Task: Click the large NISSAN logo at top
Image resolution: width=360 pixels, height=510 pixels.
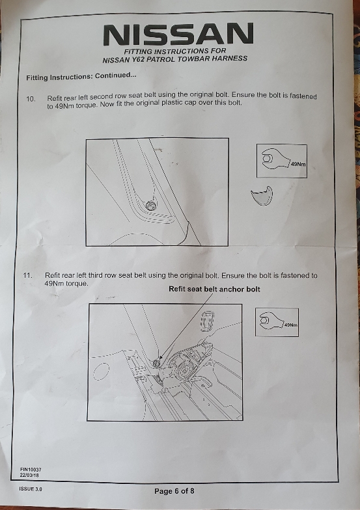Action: (x=178, y=34)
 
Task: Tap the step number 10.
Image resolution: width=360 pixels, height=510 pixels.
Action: (x=31, y=99)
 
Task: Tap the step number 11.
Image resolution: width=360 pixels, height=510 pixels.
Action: (x=27, y=275)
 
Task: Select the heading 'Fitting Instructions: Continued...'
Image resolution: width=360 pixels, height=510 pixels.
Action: (x=81, y=76)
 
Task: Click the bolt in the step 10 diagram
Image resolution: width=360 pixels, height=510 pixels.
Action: (x=150, y=206)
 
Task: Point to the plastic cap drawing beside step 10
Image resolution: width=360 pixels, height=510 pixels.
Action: (x=262, y=196)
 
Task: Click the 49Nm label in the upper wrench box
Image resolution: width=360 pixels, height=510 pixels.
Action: (x=298, y=164)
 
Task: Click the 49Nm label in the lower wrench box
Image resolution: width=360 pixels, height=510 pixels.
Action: (x=291, y=325)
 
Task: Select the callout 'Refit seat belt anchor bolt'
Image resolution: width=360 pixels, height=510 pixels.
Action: (x=214, y=289)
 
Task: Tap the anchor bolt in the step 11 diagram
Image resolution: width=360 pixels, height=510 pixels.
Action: (x=157, y=363)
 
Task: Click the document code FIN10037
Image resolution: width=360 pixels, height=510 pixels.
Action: (x=31, y=470)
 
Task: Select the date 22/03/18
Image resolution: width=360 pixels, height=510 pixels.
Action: (x=29, y=475)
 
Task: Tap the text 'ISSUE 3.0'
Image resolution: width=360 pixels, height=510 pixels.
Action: (x=31, y=489)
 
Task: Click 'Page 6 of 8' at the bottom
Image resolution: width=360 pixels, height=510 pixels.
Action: (x=174, y=491)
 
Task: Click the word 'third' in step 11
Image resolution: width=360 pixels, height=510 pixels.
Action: (x=96, y=275)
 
